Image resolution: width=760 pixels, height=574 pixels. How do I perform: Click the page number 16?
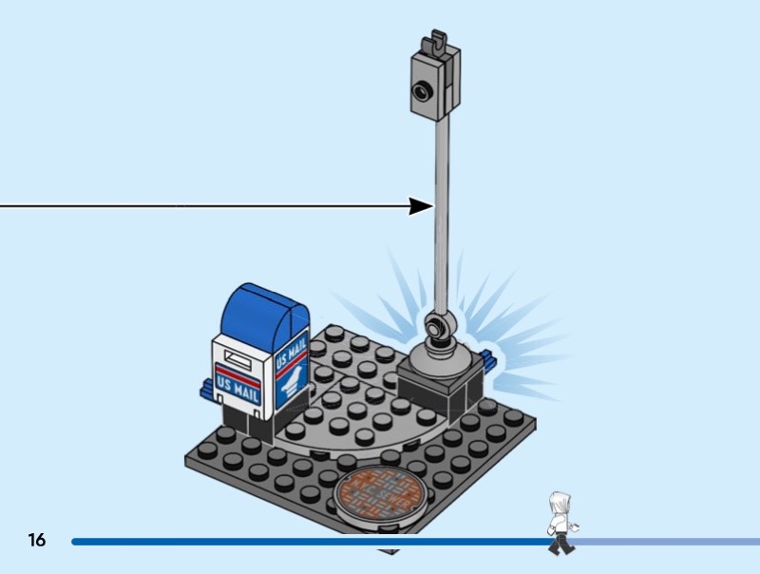point(37,541)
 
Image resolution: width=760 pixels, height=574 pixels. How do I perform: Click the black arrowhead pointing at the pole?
point(422,205)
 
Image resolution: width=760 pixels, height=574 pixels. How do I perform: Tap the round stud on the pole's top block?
point(420,90)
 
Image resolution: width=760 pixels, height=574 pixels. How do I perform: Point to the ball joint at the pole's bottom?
point(437,327)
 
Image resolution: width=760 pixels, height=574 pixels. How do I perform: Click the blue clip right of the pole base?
point(489,360)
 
